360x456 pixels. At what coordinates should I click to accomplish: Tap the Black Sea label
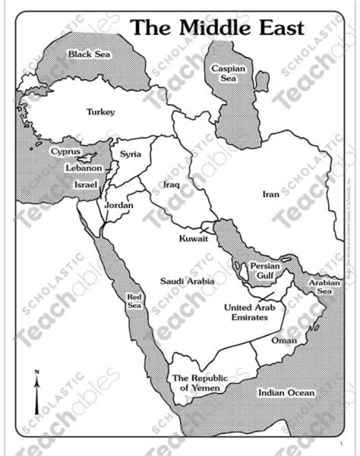pyautogui.click(x=89, y=54)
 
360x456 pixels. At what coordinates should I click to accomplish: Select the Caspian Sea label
pyautogui.click(x=228, y=73)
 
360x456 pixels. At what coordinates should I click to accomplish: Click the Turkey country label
pyautogui.click(x=100, y=112)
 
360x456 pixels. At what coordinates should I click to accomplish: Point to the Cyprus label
pyautogui.click(x=65, y=151)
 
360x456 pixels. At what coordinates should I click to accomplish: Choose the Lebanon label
pyautogui.click(x=84, y=168)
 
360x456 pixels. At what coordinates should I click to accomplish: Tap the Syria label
pyautogui.click(x=130, y=154)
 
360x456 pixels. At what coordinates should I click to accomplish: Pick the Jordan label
pyautogui.click(x=119, y=205)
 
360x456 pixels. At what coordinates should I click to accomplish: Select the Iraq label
pyautogui.click(x=171, y=185)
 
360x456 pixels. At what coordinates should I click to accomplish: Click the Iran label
pyautogui.click(x=271, y=194)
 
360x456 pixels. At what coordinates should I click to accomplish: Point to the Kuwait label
pyautogui.click(x=193, y=239)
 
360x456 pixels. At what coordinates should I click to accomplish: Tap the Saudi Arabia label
pyautogui.click(x=187, y=281)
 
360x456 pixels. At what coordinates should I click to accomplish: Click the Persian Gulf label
pyautogui.click(x=265, y=270)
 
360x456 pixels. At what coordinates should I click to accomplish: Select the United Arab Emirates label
pyautogui.click(x=246, y=312)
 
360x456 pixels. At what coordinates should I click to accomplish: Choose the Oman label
pyautogui.click(x=284, y=340)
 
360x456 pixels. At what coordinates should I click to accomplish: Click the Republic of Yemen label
pyautogui.click(x=199, y=382)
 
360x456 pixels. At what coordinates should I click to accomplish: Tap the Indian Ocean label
pyautogui.click(x=286, y=392)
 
